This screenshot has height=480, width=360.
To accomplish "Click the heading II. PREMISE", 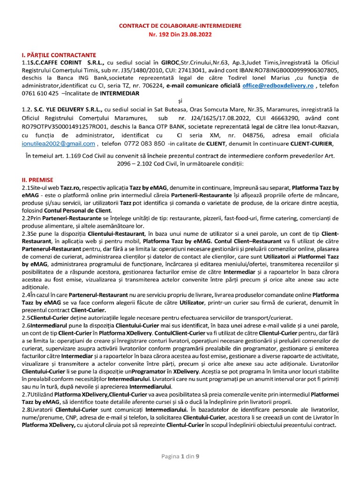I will [38, 180].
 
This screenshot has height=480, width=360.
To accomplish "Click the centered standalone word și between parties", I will [180, 101].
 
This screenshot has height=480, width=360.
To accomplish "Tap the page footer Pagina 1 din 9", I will [180, 456].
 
